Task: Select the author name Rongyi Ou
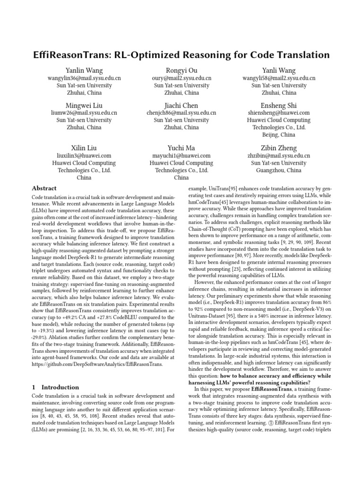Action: [181, 70]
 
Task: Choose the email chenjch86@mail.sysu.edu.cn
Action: [181, 113]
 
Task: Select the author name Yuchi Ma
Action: [181, 147]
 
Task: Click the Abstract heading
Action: [44, 188]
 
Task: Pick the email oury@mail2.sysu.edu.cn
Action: [181, 78]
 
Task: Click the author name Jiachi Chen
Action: [181, 105]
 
